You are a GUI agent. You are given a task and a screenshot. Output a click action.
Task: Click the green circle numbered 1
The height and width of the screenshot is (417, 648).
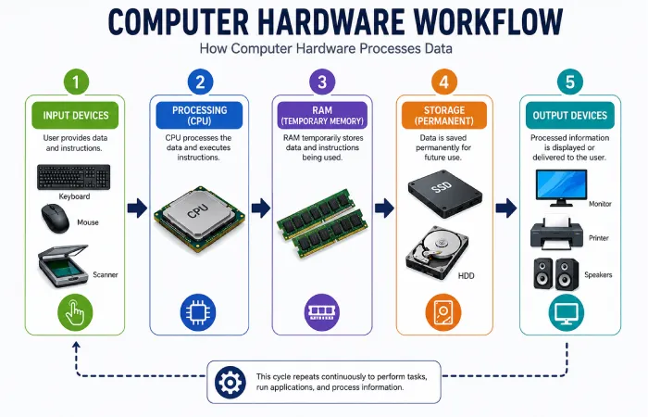(x=76, y=82)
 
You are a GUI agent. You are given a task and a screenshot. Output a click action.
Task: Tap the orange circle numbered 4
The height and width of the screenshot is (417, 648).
(x=443, y=82)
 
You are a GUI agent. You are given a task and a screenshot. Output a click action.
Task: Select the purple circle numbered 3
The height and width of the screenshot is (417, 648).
(x=322, y=82)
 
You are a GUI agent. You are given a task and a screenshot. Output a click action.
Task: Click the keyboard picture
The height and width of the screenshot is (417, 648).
(x=73, y=177)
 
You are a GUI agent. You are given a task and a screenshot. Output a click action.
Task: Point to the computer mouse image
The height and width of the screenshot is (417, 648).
(x=56, y=218)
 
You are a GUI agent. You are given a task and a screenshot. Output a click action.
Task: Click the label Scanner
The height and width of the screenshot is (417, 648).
(x=105, y=274)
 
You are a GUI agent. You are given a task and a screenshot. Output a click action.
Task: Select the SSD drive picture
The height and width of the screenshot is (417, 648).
(x=444, y=194)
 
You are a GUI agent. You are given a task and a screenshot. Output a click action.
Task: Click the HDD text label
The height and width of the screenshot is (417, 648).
(x=467, y=276)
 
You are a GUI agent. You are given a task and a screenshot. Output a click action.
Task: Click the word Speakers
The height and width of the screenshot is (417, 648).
(x=598, y=274)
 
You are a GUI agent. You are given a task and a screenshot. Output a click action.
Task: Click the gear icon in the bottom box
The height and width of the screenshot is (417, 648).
(x=231, y=383)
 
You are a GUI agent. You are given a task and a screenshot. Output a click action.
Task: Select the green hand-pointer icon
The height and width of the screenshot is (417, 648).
(x=75, y=312)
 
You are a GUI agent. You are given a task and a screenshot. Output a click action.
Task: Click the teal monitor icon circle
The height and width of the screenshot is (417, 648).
(x=567, y=312)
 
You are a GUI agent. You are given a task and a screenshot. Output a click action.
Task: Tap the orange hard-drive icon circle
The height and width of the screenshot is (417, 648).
(x=443, y=312)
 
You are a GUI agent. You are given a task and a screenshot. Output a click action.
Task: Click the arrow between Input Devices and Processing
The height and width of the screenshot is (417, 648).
(x=137, y=208)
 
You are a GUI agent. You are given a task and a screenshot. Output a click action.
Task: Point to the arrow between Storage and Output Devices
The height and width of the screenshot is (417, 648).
(x=506, y=208)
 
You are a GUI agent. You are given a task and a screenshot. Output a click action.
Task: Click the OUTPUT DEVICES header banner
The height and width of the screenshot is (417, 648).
(x=570, y=116)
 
